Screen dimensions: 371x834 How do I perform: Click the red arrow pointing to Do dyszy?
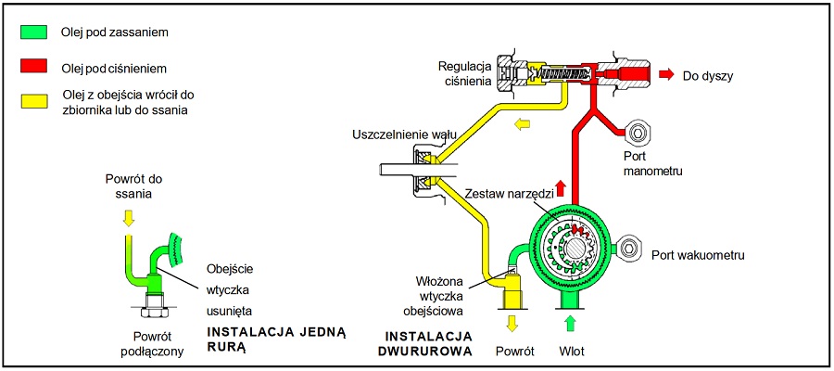(x=666, y=73)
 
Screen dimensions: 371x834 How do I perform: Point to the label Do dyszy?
(x=708, y=75)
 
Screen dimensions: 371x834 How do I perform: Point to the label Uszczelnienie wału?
(x=405, y=134)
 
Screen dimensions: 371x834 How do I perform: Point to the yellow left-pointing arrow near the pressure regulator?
(x=524, y=122)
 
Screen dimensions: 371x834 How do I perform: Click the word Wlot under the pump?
(x=570, y=352)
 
